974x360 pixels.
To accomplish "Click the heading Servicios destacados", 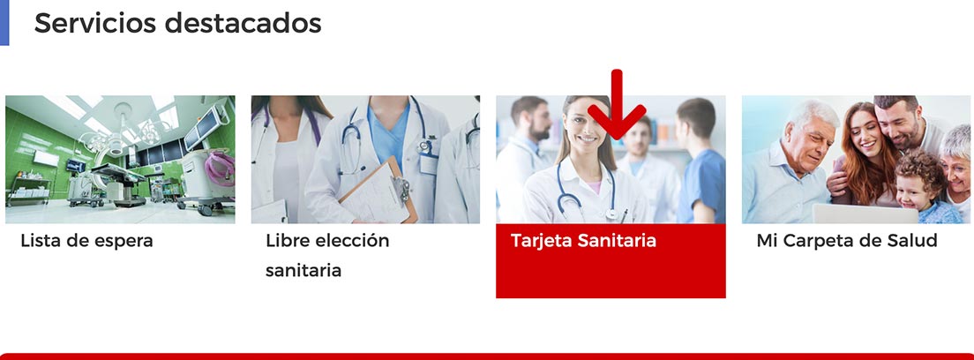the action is (x=177, y=23).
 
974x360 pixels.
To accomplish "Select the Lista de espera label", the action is (x=87, y=241).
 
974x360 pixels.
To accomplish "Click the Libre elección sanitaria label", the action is (x=327, y=256).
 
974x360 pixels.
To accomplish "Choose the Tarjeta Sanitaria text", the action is (x=583, y=241).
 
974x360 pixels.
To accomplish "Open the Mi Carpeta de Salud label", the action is (x=847, y=241).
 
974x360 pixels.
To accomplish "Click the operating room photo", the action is (x=120, y=159).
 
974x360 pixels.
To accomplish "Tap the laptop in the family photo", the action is (x=865, y=214).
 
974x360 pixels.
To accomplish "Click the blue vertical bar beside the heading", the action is (x=4, y=22).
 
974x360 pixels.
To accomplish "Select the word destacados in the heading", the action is (x=243, y=23).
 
